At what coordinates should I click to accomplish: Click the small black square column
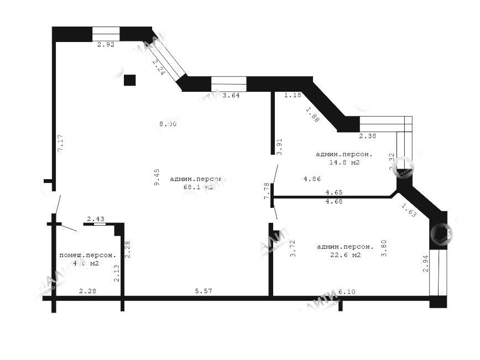(129, 80)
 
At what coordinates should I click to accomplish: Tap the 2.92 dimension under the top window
(106, 45)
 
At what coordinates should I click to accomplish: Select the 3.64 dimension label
(231, 95)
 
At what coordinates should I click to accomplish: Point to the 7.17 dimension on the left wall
(61, 143)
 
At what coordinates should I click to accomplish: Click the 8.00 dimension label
(168, 124)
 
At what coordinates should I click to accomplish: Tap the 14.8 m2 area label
(344, 163)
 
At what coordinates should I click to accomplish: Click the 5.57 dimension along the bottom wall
(204, 291)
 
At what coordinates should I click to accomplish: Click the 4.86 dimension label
(312, 179)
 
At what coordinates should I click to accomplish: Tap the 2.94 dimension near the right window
(426, 263)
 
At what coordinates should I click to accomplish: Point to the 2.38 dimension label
(368, 136)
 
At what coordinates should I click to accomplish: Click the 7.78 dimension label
(267, 191)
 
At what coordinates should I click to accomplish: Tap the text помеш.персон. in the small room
(87, 255)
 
